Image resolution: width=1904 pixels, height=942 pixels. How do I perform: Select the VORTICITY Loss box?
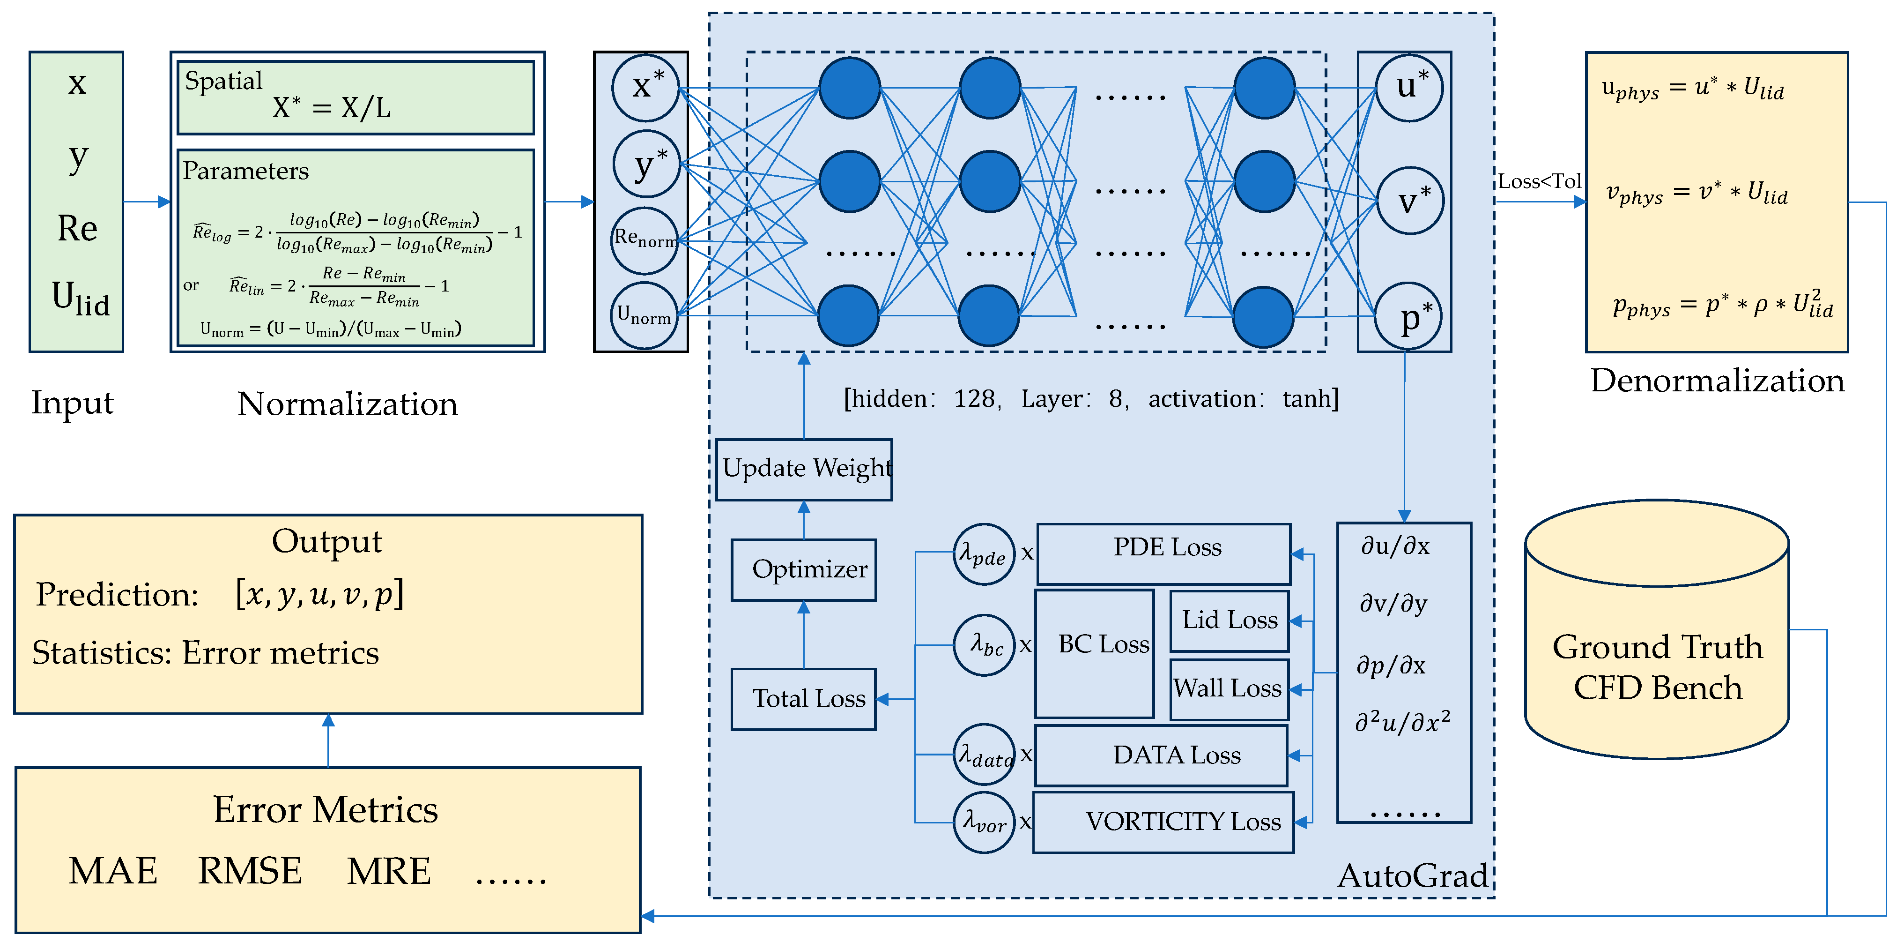(x=1163, y=822)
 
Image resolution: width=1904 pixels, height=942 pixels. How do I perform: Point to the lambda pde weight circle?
(x=984, y=554)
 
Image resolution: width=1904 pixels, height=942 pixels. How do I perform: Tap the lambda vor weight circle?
(x=984, y=822)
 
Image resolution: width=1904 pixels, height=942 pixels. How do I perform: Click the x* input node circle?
(x=646, y=88)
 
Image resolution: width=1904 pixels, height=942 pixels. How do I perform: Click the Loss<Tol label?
(x=1540, y=181)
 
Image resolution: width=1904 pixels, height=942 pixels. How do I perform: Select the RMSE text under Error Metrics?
(x=250, y=871)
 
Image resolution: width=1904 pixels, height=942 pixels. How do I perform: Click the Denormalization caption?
(x=1717, y=381)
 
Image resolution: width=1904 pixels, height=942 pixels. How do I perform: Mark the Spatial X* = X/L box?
(x=356, y=97)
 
